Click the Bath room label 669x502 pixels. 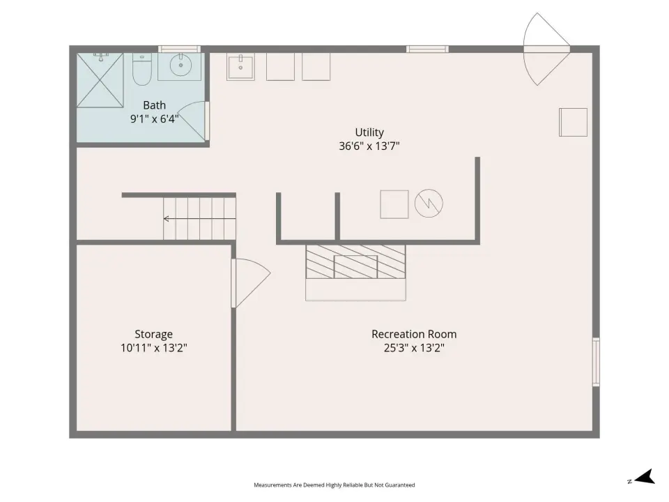(154, 105)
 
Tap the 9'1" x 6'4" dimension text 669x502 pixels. (154, 119)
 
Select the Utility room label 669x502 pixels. (369, 132)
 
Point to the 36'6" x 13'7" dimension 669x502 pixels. (369, 146)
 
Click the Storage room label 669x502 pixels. (153, 334)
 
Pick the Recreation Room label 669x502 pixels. (414, 334)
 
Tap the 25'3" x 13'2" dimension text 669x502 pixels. (414, 348)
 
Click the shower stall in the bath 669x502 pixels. (100, 79)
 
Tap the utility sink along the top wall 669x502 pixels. (240, 67)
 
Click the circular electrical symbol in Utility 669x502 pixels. (429, 203)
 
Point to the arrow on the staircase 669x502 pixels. (200, 219)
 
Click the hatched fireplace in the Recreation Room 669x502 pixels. (355, 261)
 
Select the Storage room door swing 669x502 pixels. (252, 282)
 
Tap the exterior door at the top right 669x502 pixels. (546, 49)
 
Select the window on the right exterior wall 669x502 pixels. (596, 362)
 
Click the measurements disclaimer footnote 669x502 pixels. (334, 485)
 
